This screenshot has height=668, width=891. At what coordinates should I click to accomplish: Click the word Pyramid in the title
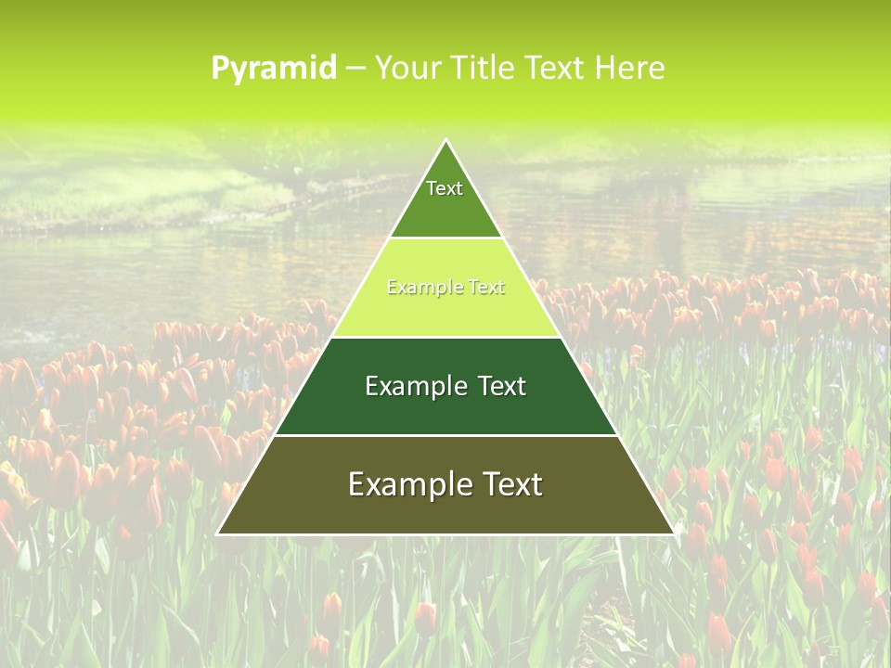tap(274, 69)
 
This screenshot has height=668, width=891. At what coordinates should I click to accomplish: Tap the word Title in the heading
tap(486, 68)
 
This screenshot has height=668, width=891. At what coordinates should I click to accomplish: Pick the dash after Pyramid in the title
tap(355, 69)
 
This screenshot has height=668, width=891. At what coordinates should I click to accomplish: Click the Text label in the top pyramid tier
tap(445, 188)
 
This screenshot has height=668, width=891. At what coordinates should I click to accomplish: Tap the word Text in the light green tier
tap(485, 288)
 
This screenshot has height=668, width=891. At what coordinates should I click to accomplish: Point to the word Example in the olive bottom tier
tap(408, 484)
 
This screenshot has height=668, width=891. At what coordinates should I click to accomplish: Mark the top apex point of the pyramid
tap(445, 140)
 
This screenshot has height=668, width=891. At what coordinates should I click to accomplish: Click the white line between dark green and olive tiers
tap(445, 435)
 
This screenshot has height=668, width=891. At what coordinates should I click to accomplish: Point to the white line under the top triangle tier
tap(445, 238)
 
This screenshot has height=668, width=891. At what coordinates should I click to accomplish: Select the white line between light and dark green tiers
tap(445, 337)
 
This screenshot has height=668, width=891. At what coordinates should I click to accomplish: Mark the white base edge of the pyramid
tap(445, 534)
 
